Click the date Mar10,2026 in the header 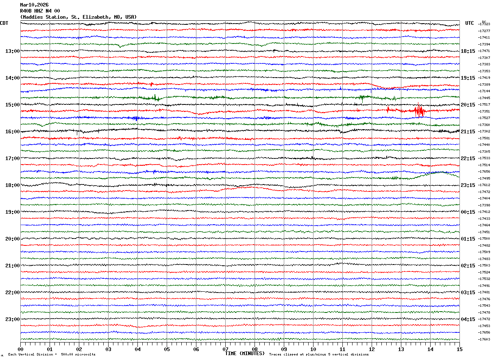tap(34, 5)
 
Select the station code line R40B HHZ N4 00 tap(40, 11)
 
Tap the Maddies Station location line tap(78, 17)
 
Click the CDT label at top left tap(4, 23)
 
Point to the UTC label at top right tap(470, 23)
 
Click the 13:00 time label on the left tap(12, 51)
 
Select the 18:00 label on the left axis tap(12, 185)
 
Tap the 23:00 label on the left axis tap(12, 319)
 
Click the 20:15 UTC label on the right tap(468, 105)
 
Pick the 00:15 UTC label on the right tap(468, 212)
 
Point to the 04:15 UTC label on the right tap(468, 319)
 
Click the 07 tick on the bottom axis tap(225, 349)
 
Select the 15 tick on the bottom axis tap(459, 349)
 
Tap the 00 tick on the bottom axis tap(20, 349)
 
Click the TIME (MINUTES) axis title tap(245, 353)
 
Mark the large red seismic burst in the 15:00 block tap(419, 110)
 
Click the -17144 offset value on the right tap(484, 91)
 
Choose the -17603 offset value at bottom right tap(484, 340)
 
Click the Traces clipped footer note tap(319, 355)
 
